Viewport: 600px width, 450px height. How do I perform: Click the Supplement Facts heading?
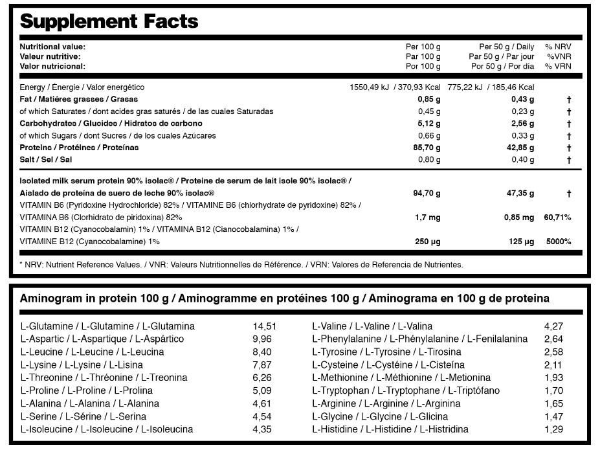(109, 21)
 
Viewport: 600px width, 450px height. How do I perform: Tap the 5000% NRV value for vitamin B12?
(558, 242)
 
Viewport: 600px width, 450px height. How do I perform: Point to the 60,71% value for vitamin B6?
(557, 218)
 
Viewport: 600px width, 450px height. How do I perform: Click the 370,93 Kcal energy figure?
(417, 87)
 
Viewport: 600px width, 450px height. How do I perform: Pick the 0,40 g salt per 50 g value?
(522, 160)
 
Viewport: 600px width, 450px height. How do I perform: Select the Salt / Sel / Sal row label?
(46, 160)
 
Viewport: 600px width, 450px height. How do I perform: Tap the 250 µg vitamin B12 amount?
(427, 242)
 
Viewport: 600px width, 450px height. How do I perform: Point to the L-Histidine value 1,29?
(553, 429)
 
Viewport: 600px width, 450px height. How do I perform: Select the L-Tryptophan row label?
(405, 390)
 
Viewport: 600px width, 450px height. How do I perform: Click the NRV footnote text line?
(241, 264)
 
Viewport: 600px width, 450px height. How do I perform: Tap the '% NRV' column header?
(557, 47)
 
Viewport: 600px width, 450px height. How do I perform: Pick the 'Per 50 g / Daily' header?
(506, 47)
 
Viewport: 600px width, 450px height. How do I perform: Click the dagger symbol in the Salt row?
(568, 160)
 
